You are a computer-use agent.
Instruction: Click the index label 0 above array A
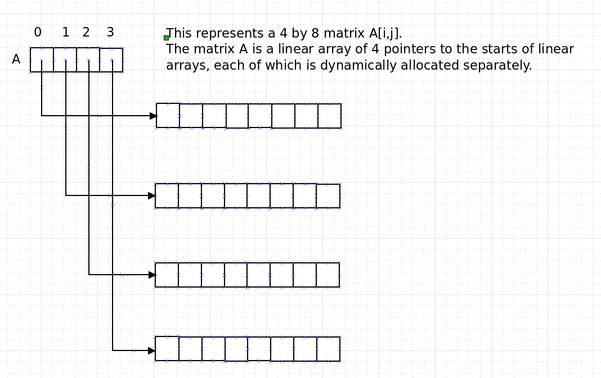tap(38, 32)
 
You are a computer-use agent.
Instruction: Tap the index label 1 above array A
tap(66, 32)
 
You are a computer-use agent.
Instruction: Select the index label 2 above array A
tap(86, 32)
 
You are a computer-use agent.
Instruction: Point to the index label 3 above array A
tap(110, 32)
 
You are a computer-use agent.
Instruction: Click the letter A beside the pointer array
tap(16, 60)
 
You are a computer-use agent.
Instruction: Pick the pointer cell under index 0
tap(42, 60)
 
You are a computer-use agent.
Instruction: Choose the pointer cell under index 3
tap(111, 60)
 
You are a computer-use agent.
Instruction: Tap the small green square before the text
tap(167, 38)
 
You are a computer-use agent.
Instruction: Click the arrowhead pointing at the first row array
tap(153, 116)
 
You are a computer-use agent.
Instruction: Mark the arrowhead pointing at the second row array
tap(152, 196)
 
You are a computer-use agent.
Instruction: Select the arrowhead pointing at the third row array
tap(152, 275)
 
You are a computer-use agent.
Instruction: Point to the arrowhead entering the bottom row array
tap(152, 350)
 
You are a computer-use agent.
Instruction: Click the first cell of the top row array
tap(168, 116)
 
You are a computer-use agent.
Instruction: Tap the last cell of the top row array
tap(330, 116)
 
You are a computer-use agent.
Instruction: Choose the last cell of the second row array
tap(329, 196)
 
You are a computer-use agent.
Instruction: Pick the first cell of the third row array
tap(167, 275)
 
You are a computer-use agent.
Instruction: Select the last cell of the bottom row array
tap(329, 349)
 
